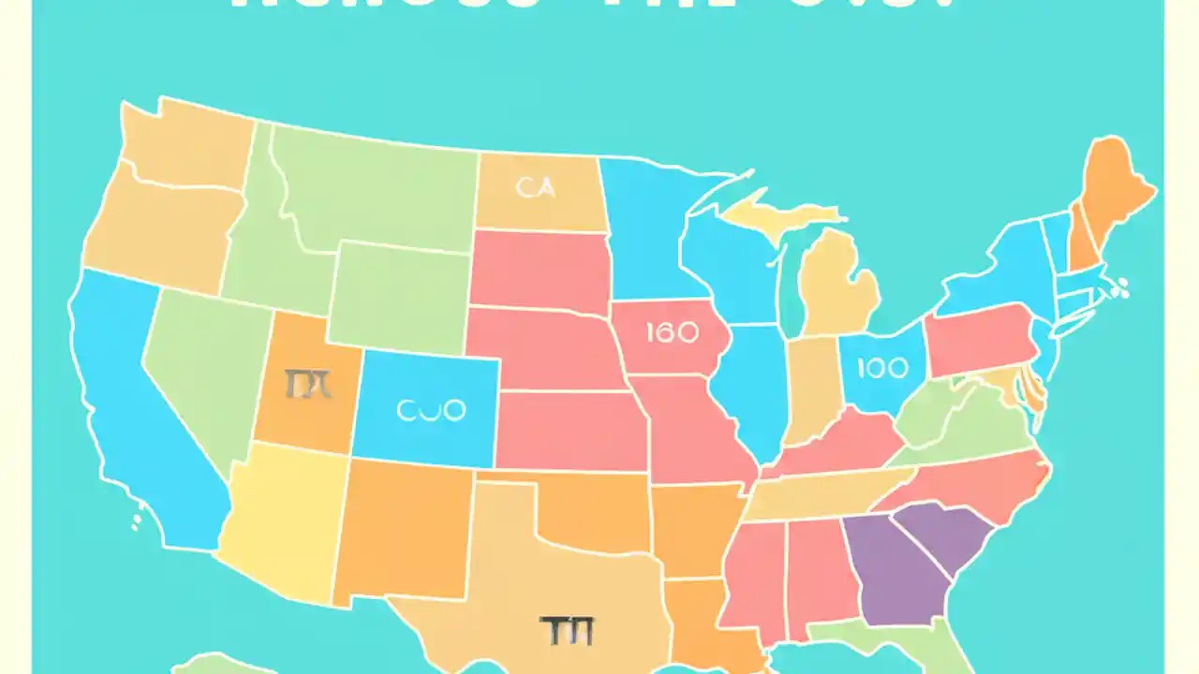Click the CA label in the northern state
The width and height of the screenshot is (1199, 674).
[535, 188]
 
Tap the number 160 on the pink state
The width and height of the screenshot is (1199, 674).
[672, 333]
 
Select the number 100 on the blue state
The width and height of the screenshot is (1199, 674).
[882, 367]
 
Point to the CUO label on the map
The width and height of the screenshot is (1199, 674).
[431, 410]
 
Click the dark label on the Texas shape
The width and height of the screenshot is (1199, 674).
[567, 632]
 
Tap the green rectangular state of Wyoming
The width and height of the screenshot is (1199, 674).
[398, 295]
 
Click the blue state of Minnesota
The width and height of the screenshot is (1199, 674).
[646, 225]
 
